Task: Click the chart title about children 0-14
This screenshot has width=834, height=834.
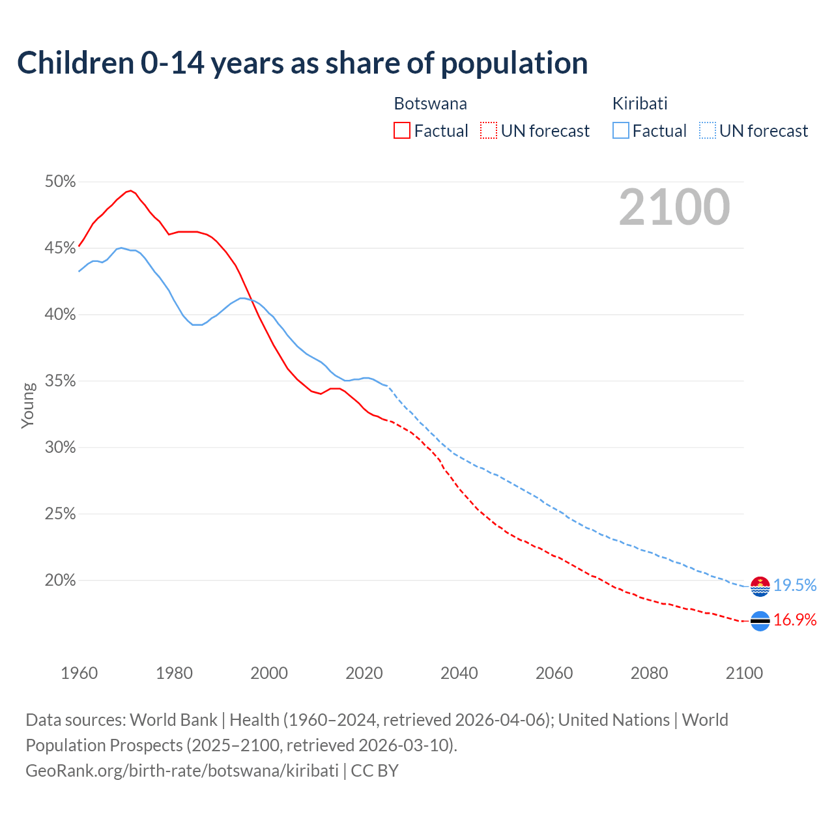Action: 302,63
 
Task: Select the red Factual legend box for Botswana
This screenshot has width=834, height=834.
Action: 402,130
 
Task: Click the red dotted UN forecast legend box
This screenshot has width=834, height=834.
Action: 489,130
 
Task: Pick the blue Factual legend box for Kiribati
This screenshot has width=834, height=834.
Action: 621,130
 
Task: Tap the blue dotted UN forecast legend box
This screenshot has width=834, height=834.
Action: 708,130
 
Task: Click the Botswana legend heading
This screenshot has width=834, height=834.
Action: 430,104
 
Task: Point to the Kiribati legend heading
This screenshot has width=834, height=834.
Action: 640,104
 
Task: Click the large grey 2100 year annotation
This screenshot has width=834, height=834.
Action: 674,207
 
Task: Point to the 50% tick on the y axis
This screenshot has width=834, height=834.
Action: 60,182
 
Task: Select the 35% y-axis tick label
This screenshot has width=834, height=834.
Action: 60,381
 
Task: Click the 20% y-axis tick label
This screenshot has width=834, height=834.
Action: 60,581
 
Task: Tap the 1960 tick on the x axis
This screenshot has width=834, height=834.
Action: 79,673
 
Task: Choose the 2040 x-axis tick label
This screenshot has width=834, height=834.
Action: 459,673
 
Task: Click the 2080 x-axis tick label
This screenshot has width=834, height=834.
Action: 649,673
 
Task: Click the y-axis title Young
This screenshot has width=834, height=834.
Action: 27,405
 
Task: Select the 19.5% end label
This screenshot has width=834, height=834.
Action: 795,586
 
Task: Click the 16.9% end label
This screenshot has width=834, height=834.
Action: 795,620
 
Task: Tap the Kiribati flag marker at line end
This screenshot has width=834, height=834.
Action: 760,586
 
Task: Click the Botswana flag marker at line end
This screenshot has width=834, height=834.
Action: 760,622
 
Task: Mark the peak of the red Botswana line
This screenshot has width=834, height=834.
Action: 130,190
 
